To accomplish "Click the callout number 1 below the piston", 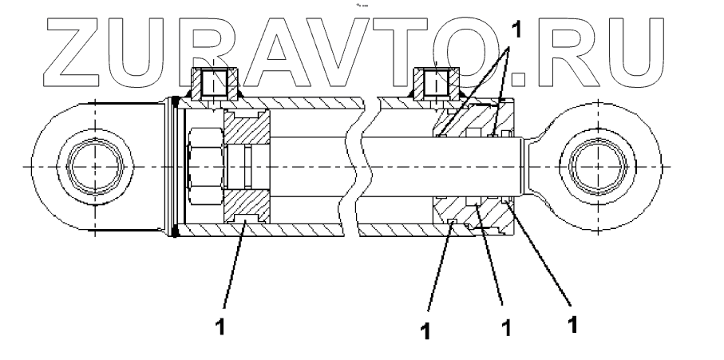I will coord(225,326).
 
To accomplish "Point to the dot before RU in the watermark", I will coord(520,77).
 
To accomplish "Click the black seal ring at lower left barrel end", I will coord(174,231).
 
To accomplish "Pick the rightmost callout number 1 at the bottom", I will coord(572,326).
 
